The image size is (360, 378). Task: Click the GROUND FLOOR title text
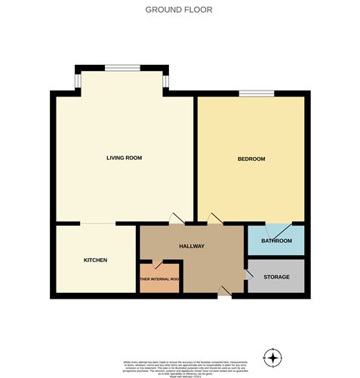click(179, 11)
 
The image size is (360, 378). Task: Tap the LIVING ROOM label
click(124, 158)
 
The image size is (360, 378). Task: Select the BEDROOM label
click(251, 158)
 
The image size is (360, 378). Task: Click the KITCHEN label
click(95, 260)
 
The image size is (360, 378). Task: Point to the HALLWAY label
click(192, 246)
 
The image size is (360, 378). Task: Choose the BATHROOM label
click(276, 241)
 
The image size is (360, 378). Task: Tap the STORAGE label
click(276, 277)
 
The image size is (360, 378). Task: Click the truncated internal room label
click(159, 280)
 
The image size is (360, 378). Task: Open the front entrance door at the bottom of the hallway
click(224, 293)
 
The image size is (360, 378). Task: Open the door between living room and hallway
click(178, 219)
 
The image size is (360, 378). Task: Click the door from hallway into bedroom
click(215, 219)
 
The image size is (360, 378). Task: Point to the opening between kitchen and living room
click(98, 224)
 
